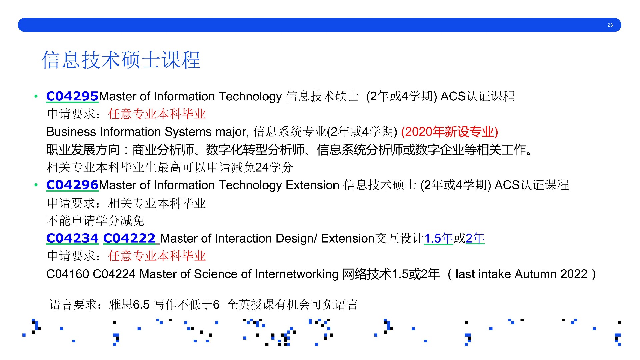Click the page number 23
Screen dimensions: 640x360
click(x=610, y=25)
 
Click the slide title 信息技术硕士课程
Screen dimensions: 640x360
click(x=121, y=60)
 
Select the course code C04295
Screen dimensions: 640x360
click(x=72, y=96)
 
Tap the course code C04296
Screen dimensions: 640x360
click(x=72, y=185)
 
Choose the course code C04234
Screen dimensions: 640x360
click(x=72, y=238)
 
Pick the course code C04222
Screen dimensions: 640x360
click(x=129, y=238)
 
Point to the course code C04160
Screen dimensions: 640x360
click(x=68, y=274)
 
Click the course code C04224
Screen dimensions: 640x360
click(x=114, y=274)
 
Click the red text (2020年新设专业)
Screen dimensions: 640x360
click(x=450, y=132)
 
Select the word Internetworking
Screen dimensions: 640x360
click(x=297, y=274)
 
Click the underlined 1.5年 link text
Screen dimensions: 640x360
click(x=438, y=238)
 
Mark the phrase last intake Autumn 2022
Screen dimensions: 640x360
click(x=521, y=274)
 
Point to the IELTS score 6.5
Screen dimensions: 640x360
click(x=141, y=305)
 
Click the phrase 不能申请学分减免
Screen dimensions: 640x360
click(x=95, y=221)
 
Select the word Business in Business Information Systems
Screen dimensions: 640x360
click(x=71, y=132)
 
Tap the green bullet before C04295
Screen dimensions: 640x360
click(x=36, y=97)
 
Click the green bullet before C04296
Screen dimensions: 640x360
click(x=36, y=185)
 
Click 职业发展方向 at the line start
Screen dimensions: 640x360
click(x=83, y=150)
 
